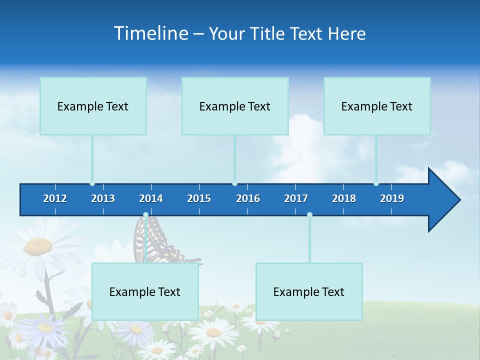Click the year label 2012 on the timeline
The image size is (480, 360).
click(x=55, y=198)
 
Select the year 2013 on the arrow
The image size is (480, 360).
click(x=103, y=198)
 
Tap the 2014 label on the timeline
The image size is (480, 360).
click(x=151, y=198)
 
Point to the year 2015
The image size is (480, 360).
click(x=199, y=198)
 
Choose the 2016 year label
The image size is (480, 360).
click(x=248, y=198)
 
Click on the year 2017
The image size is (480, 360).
click(x=296, y=198)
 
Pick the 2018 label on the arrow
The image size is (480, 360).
click(x=344, y=198)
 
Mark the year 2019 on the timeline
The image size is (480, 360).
click(x=392, y=198)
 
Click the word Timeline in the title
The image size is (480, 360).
click(x=150, y=33)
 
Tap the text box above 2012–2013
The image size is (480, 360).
click(x=93, y=106)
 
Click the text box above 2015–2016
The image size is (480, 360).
click(x=235, y=106)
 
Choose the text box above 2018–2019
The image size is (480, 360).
click(x=377, y=106)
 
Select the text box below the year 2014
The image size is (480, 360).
click(x=145, y=291)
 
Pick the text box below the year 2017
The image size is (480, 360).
click(x=309, y=291)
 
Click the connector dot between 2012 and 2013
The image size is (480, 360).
click(x=92, y=183)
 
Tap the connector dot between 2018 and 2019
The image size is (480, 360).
click(x=376, y=183)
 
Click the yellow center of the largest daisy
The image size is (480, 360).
click(x=38, y=245)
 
